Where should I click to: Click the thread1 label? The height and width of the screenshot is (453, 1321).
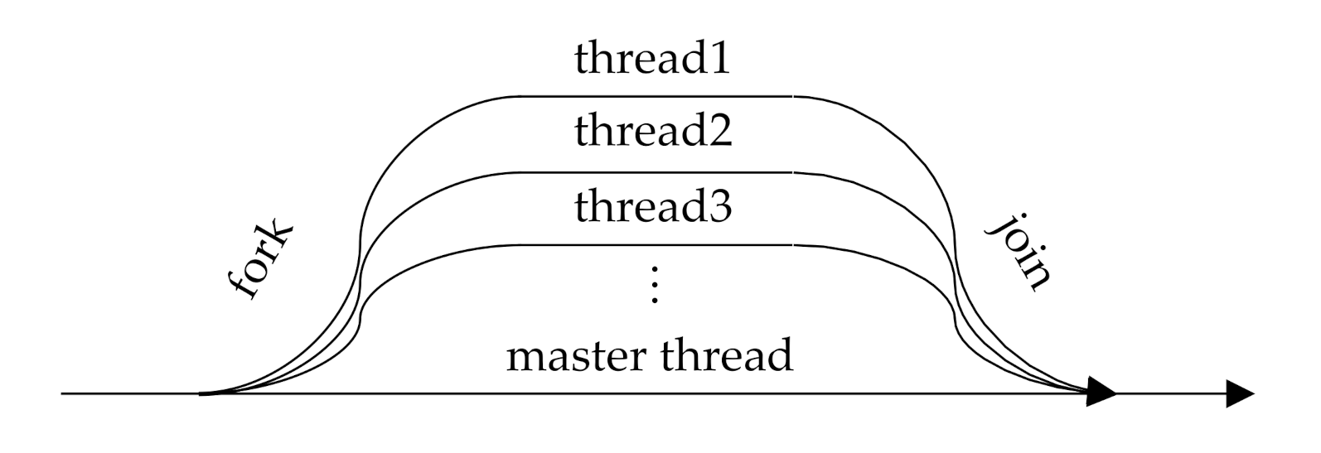point(653,60)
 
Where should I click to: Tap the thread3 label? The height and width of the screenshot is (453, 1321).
point(653,206)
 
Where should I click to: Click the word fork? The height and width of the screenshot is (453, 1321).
point(260,261)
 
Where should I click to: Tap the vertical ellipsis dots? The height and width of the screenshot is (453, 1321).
point(655,285)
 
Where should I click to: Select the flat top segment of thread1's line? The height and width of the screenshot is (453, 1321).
point(655,97)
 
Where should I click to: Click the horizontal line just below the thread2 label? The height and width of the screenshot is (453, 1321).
point(655,172)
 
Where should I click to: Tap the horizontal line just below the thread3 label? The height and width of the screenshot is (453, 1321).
point(655,245)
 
